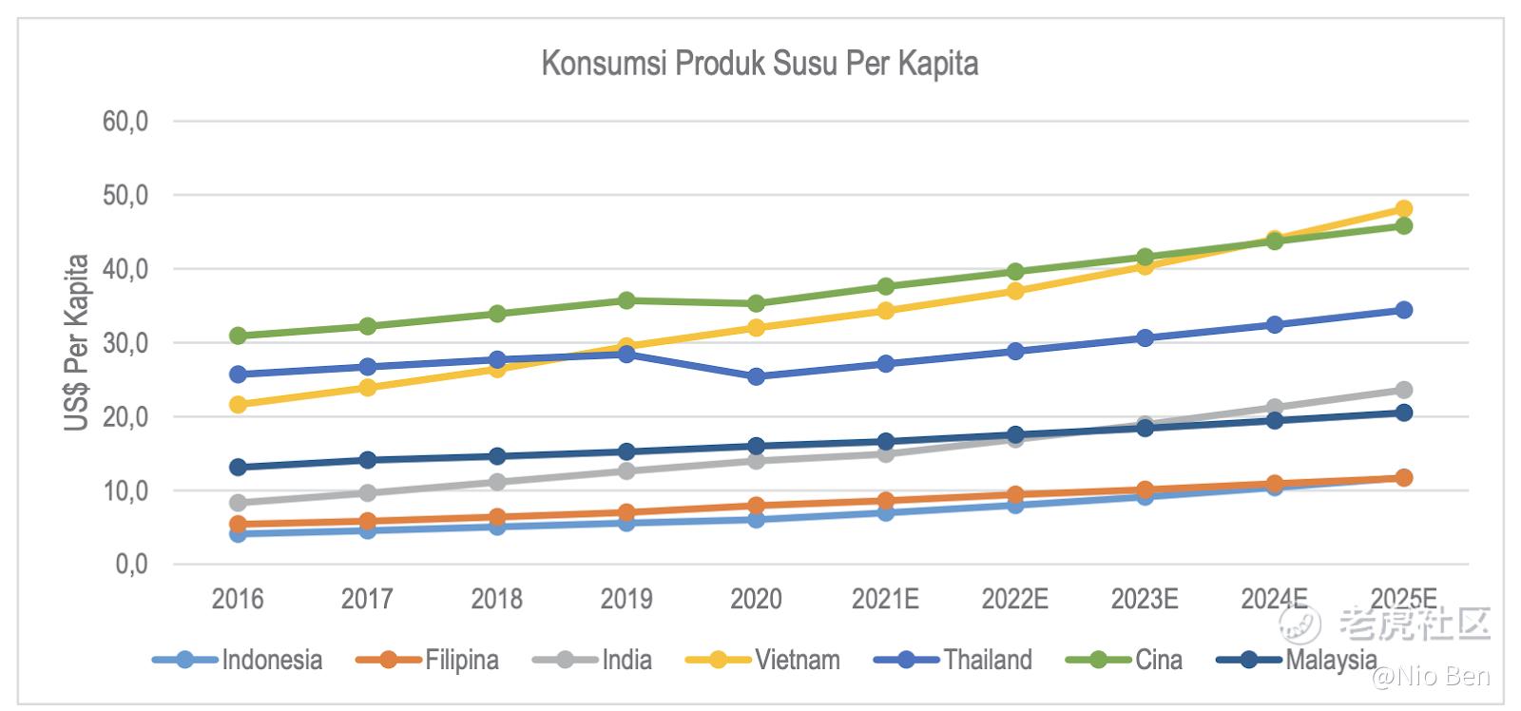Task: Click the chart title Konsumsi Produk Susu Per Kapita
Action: [760, 64]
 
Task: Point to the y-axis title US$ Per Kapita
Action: [77, 342]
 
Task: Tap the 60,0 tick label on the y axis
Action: [125, 122]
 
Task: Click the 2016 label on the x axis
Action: [238, 599]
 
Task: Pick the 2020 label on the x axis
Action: [756, 599]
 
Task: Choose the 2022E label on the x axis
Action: [1014, 599]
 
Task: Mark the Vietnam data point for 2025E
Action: [1403, 209]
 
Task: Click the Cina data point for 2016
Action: [238, 336]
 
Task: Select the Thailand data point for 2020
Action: [756, 376]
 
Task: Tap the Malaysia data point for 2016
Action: [238, 467]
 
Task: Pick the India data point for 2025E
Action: [1403, 390]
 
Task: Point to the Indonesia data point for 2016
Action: [238, 534]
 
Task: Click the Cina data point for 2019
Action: [626, 300]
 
